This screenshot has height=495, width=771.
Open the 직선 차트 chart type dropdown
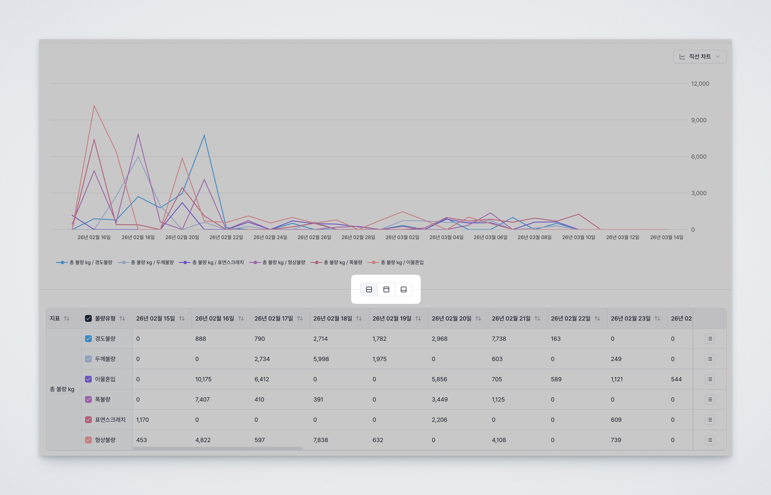pos(700,57)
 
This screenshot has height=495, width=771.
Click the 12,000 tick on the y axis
pos(700,84)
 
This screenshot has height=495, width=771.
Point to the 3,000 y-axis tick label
pos(698,193)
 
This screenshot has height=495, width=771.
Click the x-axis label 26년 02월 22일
pos(226,237)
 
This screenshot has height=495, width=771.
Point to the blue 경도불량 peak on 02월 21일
pos(204,135)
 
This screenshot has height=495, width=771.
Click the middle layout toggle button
pos(386,290)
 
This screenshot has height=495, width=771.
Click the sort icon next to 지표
pos(66,319)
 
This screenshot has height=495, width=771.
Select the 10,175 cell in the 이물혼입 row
pos(203,379)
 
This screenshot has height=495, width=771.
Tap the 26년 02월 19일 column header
pos(392,319)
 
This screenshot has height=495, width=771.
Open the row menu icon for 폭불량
pos(709,400)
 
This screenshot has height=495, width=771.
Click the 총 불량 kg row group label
pos(62,389)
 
